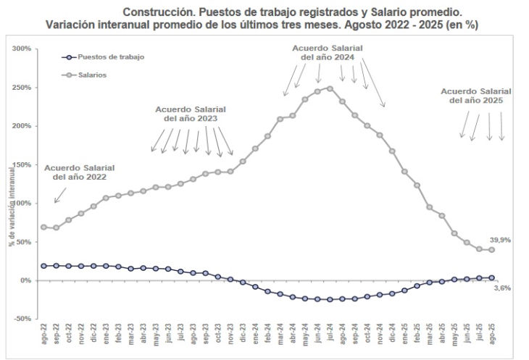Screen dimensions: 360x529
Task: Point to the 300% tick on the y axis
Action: [x=21, y=49]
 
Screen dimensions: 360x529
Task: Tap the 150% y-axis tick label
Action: [x=21, y=164]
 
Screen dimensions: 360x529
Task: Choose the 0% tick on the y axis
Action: [x=25, y=280]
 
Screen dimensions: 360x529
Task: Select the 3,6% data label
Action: [x=502, y=288]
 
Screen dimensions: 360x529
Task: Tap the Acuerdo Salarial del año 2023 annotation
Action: [x=186, y=113]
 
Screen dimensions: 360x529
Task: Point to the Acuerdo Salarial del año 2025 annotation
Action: [x=475, y=96]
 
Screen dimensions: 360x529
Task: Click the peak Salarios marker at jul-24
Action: [x=330, y=88]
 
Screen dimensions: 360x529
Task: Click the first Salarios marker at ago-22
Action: [x=44, y=227]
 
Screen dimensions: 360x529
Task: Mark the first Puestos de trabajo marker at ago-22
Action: [x=44, y=266]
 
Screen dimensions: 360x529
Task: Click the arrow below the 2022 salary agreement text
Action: [x=59, y=195]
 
